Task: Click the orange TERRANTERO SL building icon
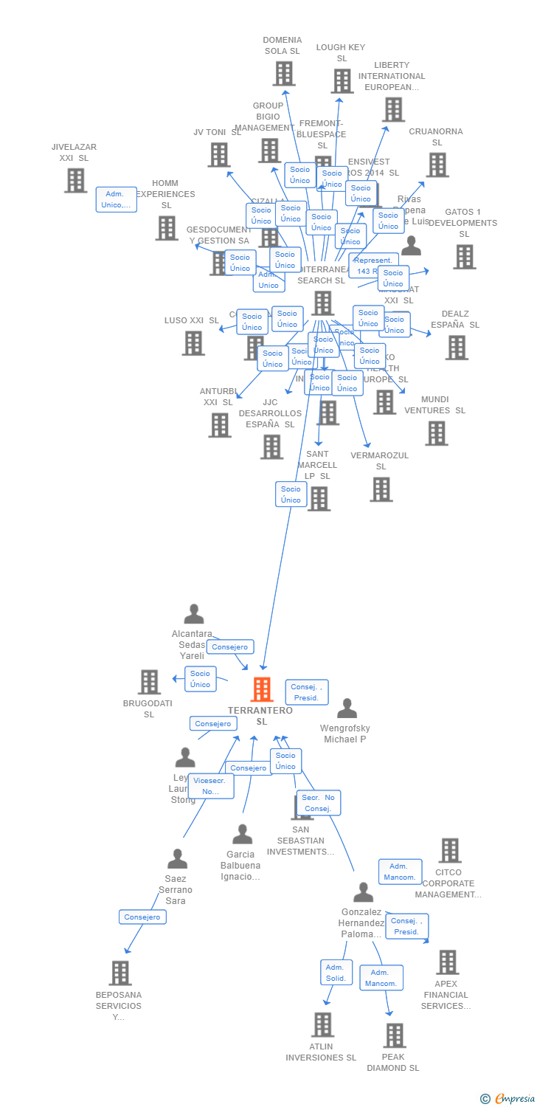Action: click(x=262, y=689)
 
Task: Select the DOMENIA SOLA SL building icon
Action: click(x=284, y=74)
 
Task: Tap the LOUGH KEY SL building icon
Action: click(x=342, y=81)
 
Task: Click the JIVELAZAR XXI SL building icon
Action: click(x=75, y=180)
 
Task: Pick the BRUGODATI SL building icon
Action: click(x=149, y=682)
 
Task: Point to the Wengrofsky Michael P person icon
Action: click(x=347, y=708)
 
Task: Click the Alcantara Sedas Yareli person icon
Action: click(x=193, y=614)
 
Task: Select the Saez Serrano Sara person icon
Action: click(x=177, y=859)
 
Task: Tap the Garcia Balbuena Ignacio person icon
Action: click(x=242, y=835)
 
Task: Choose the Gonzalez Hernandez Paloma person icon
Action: click(x=363, y=892)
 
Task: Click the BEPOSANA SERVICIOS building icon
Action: click(x=120, y=973)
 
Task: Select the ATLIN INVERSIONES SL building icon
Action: click(x=322, y=1024)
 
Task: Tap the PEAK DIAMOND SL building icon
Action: click(x=395, y=1035)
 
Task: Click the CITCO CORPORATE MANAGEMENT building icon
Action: click(x=450, y=850)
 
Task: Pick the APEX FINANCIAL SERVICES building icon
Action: click(x=447, y=962)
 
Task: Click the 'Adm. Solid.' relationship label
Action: click(x=336, y=973)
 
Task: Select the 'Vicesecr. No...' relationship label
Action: click(x=211, y=786)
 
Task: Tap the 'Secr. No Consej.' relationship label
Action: click(x=319, y=803)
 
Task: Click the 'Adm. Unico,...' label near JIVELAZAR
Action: click(x=116, y=199)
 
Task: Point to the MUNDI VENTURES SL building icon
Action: click(x=437, y=433)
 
